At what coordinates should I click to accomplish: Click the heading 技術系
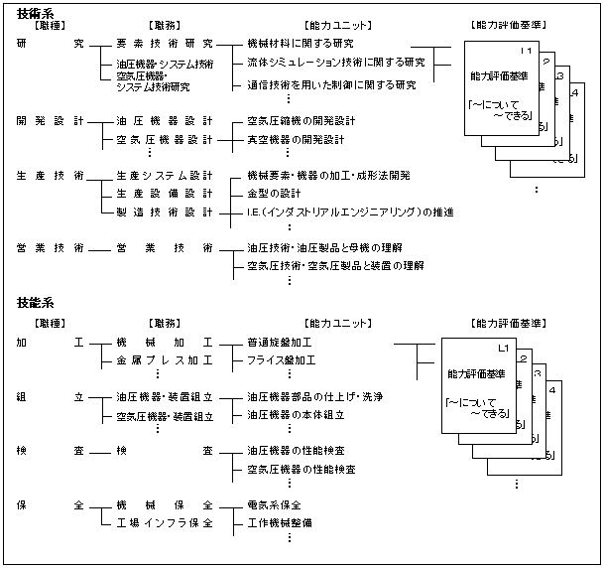[x=36, y=11]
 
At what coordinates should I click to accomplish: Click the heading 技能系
[x=36, y=302]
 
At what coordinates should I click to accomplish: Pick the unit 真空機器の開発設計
[x=296, y=140]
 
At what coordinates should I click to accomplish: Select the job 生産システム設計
[x=165, y=175]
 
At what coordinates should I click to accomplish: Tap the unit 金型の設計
[x=274, y=193]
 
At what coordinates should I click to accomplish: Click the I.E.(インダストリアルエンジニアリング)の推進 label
[x=350, y=212]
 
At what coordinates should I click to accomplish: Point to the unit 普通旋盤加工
[x=281, y=342]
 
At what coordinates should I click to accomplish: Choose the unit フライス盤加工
[x=281, y=359]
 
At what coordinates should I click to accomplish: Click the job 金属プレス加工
[x=165, y=359]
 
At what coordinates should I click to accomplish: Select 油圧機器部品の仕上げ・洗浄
[x=314, y=396]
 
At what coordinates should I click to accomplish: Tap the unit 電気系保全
[x=274, y=504]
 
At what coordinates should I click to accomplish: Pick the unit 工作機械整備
[x=281, y=522]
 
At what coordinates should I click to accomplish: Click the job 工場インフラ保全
[x=165, y=522]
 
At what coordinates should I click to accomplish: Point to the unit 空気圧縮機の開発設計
[x=302, y=121]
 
